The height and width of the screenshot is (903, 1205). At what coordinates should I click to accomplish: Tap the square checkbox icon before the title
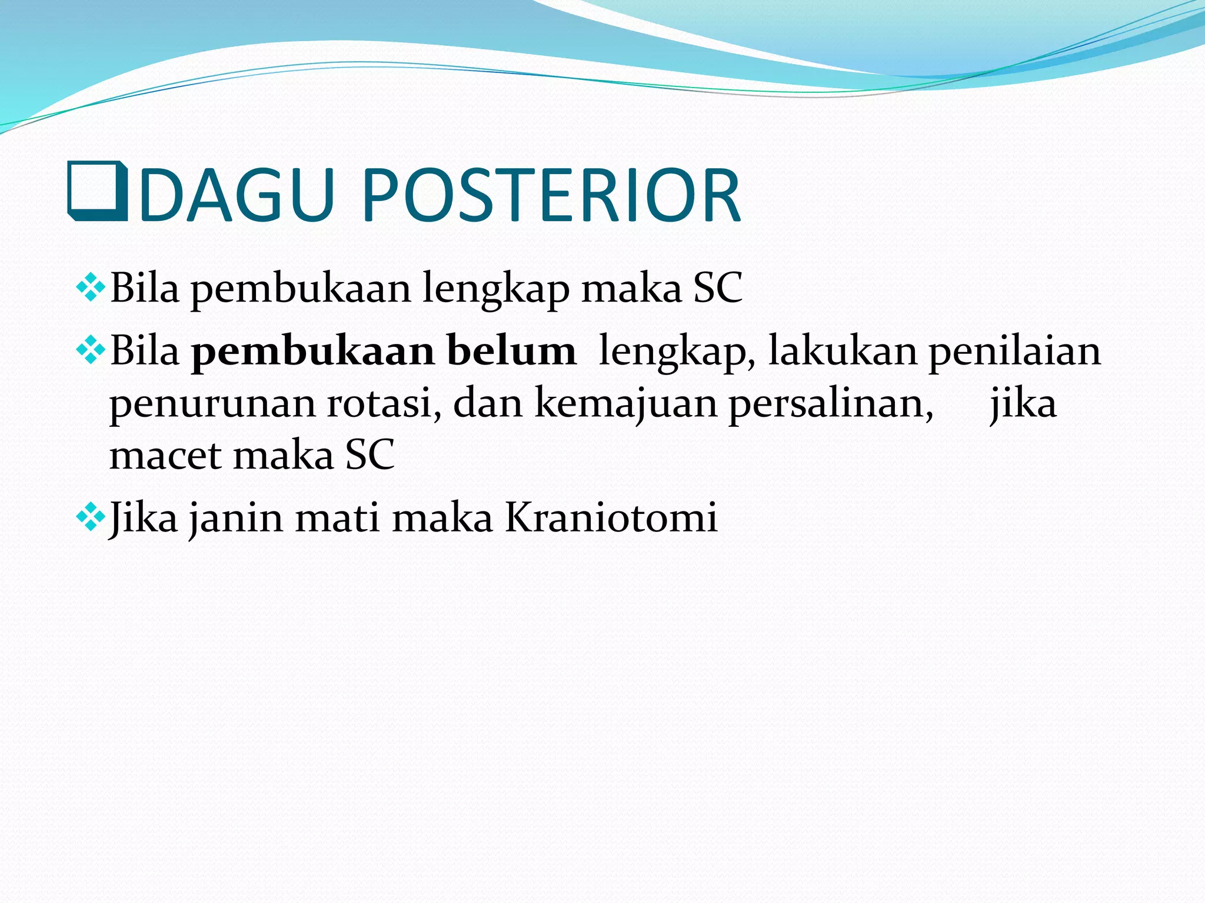(x=98, y=191)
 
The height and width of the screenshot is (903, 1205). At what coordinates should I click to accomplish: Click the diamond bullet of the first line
(x=91, y=288)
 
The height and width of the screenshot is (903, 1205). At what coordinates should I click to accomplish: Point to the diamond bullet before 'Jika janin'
(x=91, y=518)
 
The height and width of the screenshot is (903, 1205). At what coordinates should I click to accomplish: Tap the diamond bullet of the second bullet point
(x=91, y=351)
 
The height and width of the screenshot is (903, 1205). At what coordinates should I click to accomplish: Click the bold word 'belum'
(x=511, y=351)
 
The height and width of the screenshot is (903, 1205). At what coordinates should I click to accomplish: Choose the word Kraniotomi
(x=611, y=518)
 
